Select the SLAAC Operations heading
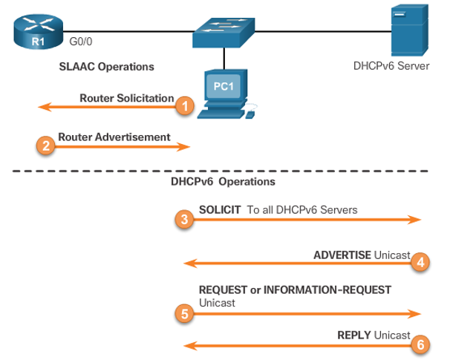[106, 66]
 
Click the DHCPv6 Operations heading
[224, 181]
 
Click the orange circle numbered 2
[45, 146]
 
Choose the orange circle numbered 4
[420, 261]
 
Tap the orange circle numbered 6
[420, 344]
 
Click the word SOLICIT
[220, 210]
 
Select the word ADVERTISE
[342, 255]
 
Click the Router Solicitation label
[126, 98]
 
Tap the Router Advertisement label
[114, 137]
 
